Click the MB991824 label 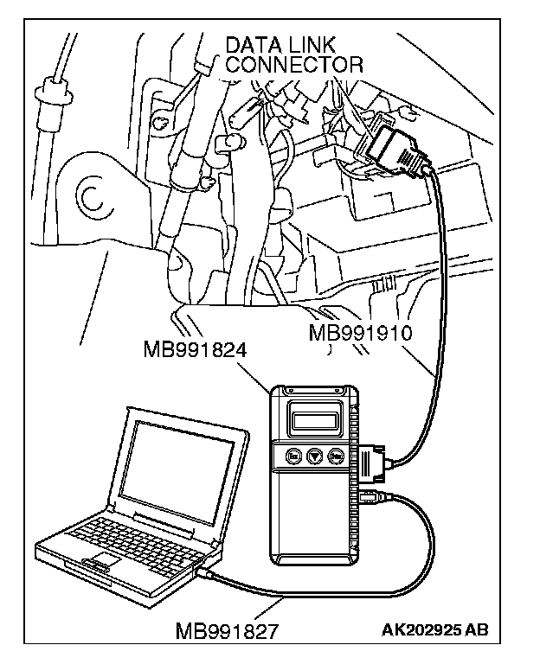(196, 350)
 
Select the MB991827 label (227, 631)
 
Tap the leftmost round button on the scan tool (294, 455)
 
